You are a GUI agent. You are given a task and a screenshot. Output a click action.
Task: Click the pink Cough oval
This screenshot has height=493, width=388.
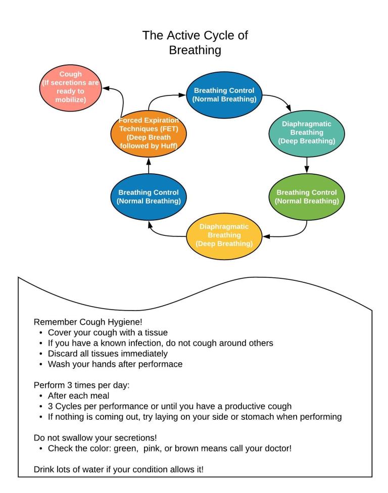coord(71,86)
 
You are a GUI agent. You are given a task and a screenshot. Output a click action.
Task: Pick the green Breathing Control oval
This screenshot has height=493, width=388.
coord(307,197)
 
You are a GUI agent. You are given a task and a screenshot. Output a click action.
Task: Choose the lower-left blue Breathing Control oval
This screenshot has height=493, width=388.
coord(149,197)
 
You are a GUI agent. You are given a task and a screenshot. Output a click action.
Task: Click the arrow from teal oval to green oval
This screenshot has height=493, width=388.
coord(307,165)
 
